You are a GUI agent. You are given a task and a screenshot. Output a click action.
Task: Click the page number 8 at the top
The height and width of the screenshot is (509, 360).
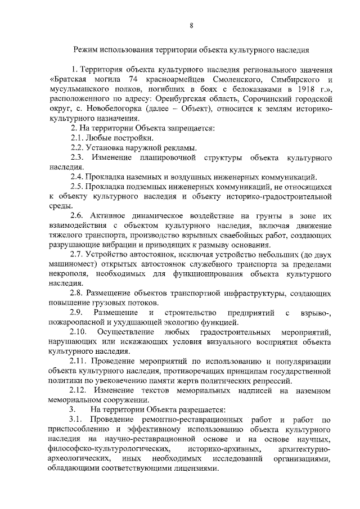[191, 26]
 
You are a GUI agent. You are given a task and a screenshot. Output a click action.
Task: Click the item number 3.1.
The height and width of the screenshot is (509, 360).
[78, 420]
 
